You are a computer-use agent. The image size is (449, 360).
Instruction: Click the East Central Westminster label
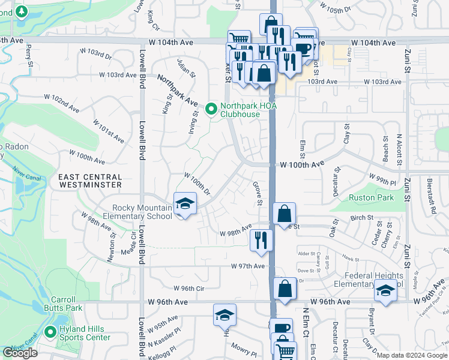[90, 181]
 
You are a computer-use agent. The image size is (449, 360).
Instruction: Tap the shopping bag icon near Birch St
[285, 213]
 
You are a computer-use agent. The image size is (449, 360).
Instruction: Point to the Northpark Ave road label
[178, 89]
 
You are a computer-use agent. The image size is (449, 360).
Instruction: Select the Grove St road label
[258, 193]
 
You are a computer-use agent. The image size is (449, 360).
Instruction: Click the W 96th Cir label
[189, 288]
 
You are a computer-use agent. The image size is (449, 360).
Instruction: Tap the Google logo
[20, 353]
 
